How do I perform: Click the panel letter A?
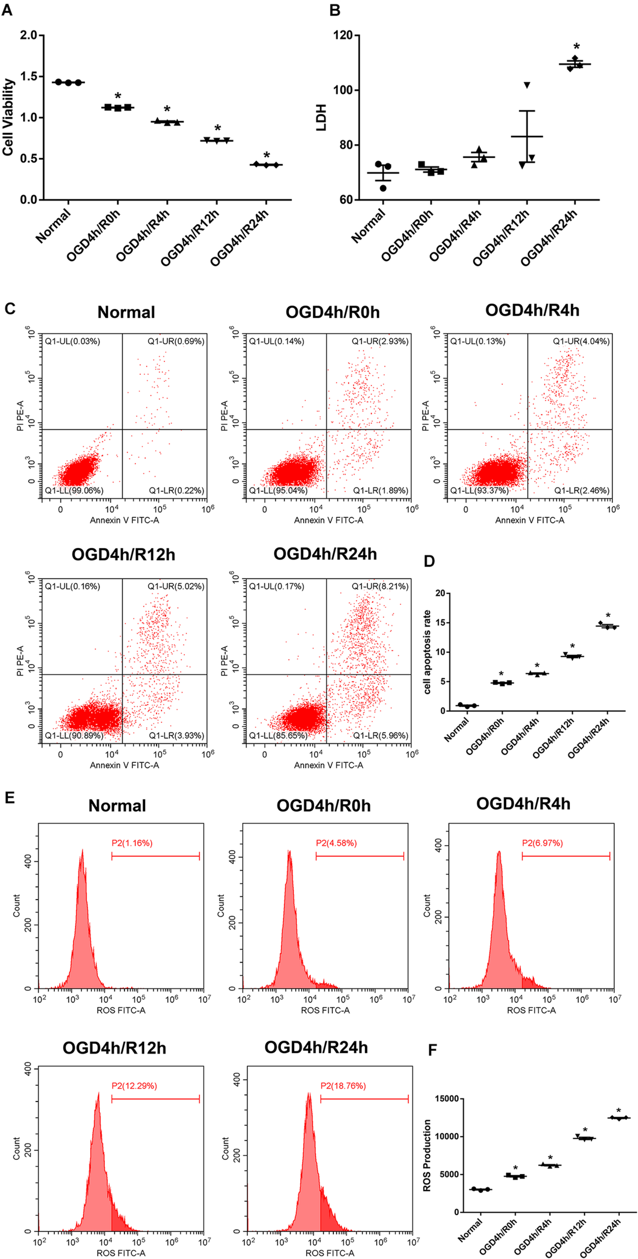tap(7, 10)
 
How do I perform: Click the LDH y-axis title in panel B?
tap(321, 117)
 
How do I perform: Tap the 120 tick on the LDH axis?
tap(343, 35)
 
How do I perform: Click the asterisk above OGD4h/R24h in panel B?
tap(576, 48)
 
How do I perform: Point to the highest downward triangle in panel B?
tap(527, 85)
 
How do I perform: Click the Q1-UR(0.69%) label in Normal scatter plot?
tap(176, 341)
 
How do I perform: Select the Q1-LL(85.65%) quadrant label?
tap(278, 735)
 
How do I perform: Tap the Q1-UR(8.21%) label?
tap(380, 586)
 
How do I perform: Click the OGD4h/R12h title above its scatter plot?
tap(123, 554)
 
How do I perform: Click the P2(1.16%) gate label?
tap(132, 843)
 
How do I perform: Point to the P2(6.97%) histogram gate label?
tap(542, 843)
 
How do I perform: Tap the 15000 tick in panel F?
tap(447, 1099)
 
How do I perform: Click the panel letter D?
tap(429, 561)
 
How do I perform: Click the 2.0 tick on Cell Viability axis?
tap(29, 35)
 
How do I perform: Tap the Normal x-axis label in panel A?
tap(53, 227)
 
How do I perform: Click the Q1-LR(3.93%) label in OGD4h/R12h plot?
tap(176, 735)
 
